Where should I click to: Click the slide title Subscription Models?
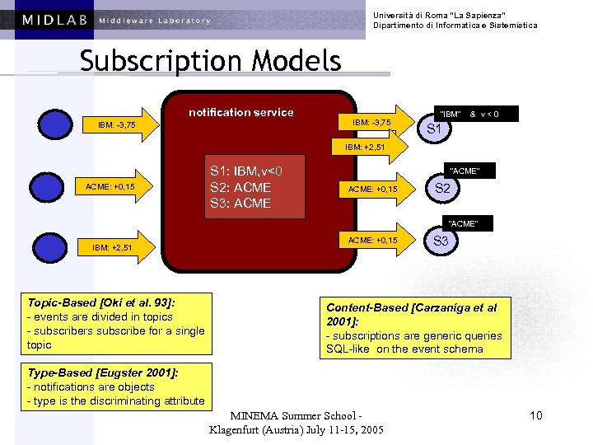[x=210, y=61]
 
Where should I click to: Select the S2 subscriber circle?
[x=442, y=188]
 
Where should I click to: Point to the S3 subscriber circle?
[x=441, y=241]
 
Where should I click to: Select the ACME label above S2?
[x=463, y=171]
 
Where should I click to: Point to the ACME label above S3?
[x=463, y=223]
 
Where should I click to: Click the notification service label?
[x=241, y=112]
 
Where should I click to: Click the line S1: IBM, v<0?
[x=246, y=171]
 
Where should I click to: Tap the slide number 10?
[x=536, y=415]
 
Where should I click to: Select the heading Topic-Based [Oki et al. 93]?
[x=101, y=302]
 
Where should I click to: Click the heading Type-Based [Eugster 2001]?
[x=103, y=372]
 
